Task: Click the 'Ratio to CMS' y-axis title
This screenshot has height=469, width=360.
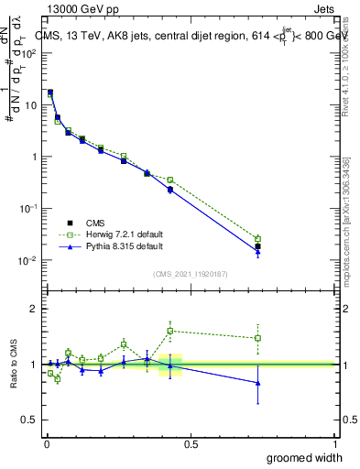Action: (x=15, y=364)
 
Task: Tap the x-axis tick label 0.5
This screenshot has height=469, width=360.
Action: (x=190, y=443)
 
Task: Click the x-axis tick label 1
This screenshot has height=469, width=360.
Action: (x=333, y=443)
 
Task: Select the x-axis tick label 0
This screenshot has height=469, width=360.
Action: (x=46, y=443)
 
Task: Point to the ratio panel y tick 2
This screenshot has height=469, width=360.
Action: (x=34, y=309)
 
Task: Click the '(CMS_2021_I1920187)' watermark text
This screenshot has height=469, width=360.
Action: (x=190, y=273)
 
